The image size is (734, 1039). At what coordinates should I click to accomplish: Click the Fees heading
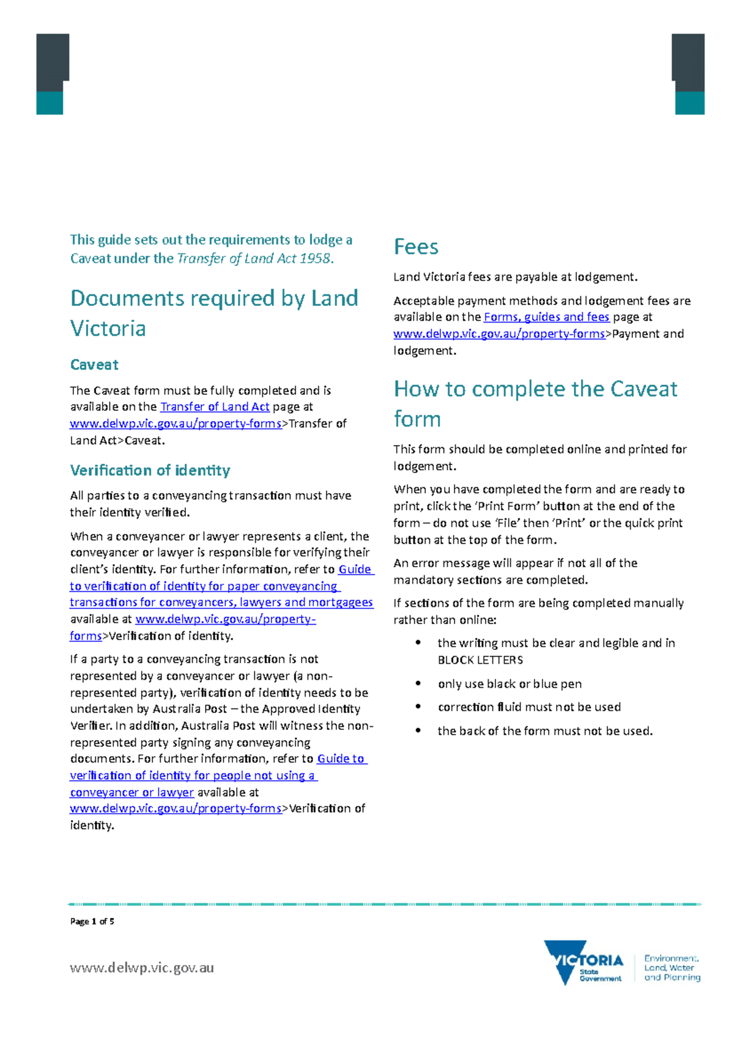point(416,247)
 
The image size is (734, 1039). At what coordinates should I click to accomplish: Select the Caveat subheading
point(94,365)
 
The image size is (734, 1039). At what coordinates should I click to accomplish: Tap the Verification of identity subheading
point(150,471)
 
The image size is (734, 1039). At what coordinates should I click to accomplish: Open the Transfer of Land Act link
point(214,407)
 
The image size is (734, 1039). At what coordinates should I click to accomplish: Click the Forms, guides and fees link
point(546,317)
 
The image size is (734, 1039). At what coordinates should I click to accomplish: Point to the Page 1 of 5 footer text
point(92,922)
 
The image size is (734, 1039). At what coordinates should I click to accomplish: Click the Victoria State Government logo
point(584,963)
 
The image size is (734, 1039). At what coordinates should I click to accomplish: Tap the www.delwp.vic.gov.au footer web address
point(142,968)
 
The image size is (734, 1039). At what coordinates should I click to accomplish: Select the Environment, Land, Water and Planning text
point(672,968)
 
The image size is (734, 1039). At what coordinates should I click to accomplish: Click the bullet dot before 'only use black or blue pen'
point(418,683)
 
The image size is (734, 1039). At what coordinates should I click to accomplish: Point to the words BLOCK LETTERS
point(480,660)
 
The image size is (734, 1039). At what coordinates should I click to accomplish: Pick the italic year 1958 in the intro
point(315,258)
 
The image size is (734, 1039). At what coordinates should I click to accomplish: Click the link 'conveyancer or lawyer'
point(132,792)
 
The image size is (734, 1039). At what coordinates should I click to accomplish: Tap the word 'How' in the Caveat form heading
point(416,389)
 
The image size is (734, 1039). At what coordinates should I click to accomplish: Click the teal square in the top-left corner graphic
point(50,103)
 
